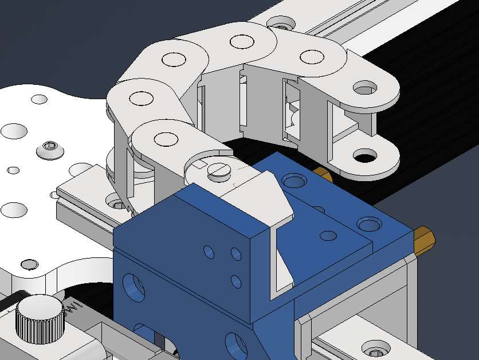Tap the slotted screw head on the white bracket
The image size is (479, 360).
coord(218,170)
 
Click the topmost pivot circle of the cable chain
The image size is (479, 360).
coord(241,41)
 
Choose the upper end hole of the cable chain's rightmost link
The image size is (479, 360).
coord(365,88)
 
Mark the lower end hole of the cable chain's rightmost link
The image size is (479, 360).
coord(364,155)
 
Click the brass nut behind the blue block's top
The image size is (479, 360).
coord(322,174)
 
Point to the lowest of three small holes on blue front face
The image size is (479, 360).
coord(235,281)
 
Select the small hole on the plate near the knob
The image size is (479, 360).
coord(27,264)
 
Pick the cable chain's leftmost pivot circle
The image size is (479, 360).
coord(140,98)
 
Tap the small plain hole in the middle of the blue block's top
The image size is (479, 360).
coord(328,235)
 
